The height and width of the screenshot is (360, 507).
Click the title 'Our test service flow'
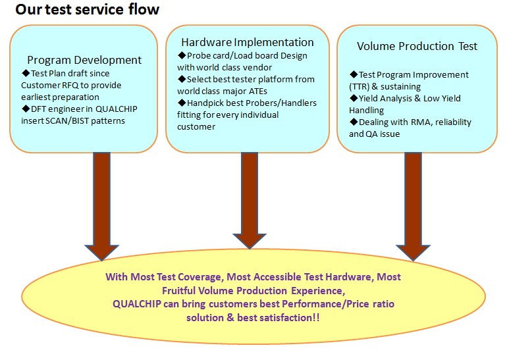point(88,9)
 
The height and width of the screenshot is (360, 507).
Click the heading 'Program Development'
point(84,60)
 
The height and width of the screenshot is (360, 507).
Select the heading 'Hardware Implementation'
point(248,42)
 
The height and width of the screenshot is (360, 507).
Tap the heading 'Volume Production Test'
point(417,46)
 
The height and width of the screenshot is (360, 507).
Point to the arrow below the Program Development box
point(102,207)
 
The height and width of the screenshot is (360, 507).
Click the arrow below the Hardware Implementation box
point(250,201)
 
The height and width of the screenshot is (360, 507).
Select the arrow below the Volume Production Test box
point(414,207)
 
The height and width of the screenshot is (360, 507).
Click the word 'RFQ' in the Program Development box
point(70,86)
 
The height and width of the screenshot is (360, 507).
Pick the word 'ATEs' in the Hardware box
point(257,91)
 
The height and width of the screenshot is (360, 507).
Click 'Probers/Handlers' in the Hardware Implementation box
point(281,103)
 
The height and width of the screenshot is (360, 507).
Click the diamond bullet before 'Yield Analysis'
point(354,98)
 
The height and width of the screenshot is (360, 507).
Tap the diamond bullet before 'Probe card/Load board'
point(182,55)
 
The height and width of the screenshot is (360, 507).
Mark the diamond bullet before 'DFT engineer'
point(26,109)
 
